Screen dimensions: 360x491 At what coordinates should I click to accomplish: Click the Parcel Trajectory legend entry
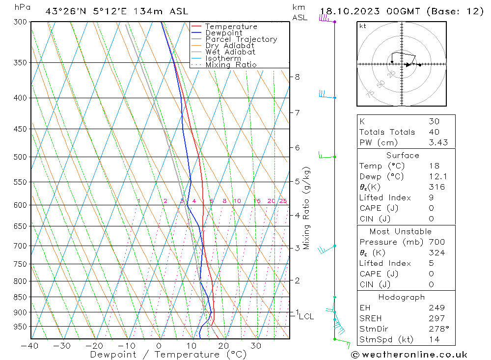(x=241, y=39)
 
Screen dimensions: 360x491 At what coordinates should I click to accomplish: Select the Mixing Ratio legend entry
(x=231, y=65)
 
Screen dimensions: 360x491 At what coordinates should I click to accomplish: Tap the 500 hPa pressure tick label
(x=20, y=157)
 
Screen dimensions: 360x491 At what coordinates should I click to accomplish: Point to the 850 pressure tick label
(x=20, y=297)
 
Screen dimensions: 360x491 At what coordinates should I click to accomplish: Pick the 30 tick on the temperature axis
(x=256, y=346)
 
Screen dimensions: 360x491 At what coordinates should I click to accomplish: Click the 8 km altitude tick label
(x=297, y=77)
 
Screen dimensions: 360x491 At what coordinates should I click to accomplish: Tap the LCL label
(x=306, y=317)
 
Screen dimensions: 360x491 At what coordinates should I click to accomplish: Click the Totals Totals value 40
(x=434, y=132)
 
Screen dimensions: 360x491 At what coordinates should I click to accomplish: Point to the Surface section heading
(x=403, y=156)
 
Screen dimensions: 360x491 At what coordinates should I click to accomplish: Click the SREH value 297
(x=436, y=318)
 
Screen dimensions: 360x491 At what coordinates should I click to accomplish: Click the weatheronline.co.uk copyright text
(x=409, y=355)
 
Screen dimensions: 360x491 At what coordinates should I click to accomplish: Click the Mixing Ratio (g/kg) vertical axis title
(x=307, y=208)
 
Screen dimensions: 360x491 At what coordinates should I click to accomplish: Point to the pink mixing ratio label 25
(x=283, y=201)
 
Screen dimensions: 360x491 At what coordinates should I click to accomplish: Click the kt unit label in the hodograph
(x=362, y=26)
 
